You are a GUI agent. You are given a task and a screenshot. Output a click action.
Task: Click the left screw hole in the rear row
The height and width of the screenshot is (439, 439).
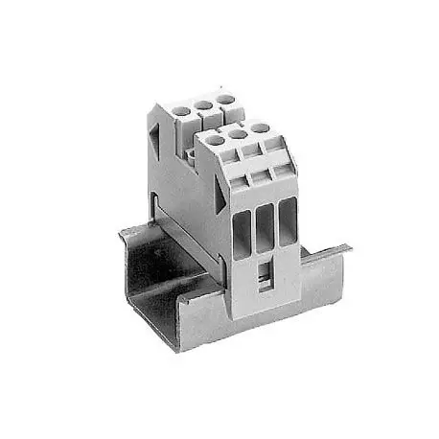(182, 111)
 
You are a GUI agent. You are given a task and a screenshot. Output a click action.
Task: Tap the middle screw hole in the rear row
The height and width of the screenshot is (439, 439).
(203, 104)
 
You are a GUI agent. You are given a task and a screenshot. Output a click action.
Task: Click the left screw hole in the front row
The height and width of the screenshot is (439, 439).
(217, 140)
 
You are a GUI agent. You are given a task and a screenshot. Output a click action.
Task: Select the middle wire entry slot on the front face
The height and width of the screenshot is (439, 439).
(264, 223)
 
